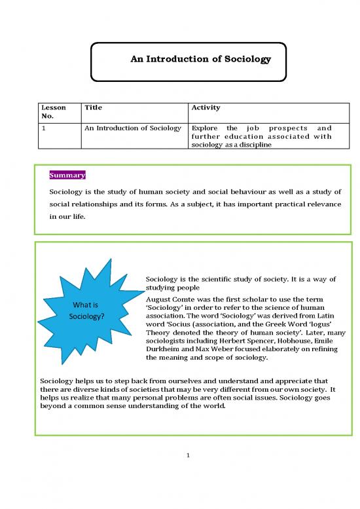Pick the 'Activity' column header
coord(206,107)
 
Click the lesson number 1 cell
coord(43,128)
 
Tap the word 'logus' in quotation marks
coord(320,324)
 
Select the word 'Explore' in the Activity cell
coord(204,128)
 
